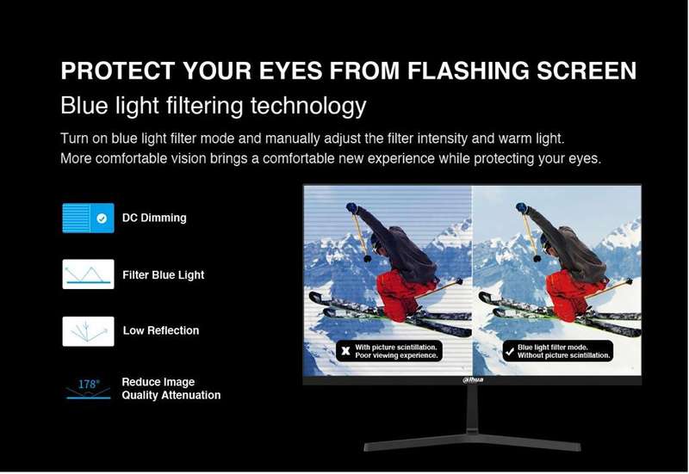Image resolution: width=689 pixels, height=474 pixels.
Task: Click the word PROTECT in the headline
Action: (118, 71)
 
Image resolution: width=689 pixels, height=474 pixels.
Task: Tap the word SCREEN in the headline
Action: (587, 71)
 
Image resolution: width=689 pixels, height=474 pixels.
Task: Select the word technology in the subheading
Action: (308, 107)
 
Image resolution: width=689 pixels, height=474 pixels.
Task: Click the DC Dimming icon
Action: (89, 218)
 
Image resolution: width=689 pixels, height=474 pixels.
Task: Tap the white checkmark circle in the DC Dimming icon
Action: (102, 219)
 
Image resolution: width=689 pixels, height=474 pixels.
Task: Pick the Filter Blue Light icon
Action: (89, 274)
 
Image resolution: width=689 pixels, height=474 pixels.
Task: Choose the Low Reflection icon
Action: (89, 331)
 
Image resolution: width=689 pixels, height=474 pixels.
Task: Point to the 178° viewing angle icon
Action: (89, 389)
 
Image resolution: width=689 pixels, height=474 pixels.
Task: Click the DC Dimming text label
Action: (154, 219)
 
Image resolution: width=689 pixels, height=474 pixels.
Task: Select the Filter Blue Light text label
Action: (164, 275)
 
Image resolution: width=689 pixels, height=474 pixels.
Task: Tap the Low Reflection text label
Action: (161, 330)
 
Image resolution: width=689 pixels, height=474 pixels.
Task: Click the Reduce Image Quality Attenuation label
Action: (171, 389)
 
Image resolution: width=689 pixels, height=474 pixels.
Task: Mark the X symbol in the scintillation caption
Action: (346, 351)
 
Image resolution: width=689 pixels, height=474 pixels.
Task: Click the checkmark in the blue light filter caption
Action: (510, 351)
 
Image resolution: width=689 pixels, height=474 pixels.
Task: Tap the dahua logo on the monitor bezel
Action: (473, 379)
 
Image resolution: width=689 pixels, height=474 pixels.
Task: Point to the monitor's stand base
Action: (472, 442)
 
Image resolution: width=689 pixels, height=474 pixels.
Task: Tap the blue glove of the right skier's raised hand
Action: (522, 207)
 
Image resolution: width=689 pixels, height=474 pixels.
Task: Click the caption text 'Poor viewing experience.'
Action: (396, 355)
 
